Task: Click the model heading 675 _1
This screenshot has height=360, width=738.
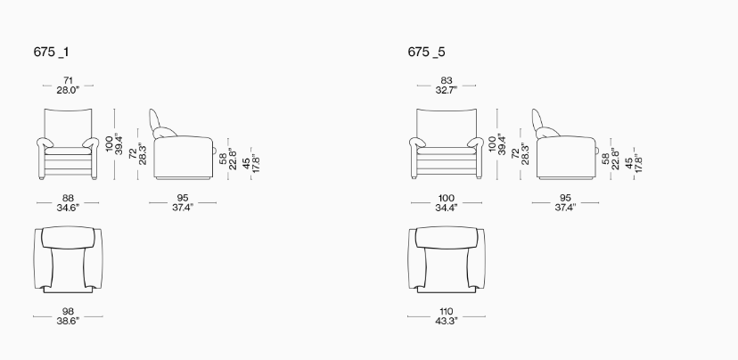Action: pyautogui.click(x=51, y=52)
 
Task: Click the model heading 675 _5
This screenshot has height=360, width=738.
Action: pyautogui.click(x=426, y=52)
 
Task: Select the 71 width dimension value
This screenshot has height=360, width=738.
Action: pyautogui.click(x=68, y=81)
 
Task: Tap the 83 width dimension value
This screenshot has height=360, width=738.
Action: pyautogui.click(x=447, y=81)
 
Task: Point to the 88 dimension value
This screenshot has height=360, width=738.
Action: pyautogui.click(x=68, y=199)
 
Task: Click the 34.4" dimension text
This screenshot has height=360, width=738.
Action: pyautogui.click(x=447, y=207)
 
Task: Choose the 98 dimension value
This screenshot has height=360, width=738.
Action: pyautogui.click(x=68, y=312)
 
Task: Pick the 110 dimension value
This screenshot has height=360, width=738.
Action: pyautogui.click(x=447, y=312)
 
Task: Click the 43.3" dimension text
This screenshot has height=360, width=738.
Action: pyautogui.click(x=447, y=321)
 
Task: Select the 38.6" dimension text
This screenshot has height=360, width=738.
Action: pyautogui.click(x=68, y=321)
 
